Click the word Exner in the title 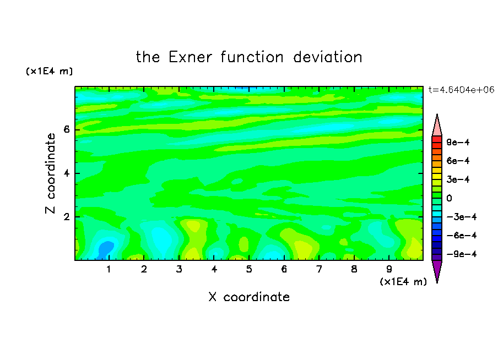pos(190,57)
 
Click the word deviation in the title pos(327,57)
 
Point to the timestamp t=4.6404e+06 pos(461,90)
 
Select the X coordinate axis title pos(249,297)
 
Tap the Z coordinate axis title pos(50,173)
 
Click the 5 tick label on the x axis pos(249,269)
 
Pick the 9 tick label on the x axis pos(389,269)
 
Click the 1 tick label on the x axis pos(109,269)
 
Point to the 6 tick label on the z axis pos(66,129)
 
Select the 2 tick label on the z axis pos(66,217)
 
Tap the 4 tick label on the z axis pos(66,173)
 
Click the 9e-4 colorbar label pos(458,142)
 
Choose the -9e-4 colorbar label pos(462,254)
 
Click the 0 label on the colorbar pos(449,198)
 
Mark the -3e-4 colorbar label pos(462,217)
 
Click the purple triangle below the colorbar pos(437,270)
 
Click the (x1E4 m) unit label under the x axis pos(403,282)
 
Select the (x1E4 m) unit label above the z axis pos(49,71)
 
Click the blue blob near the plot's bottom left pos(105,249)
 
